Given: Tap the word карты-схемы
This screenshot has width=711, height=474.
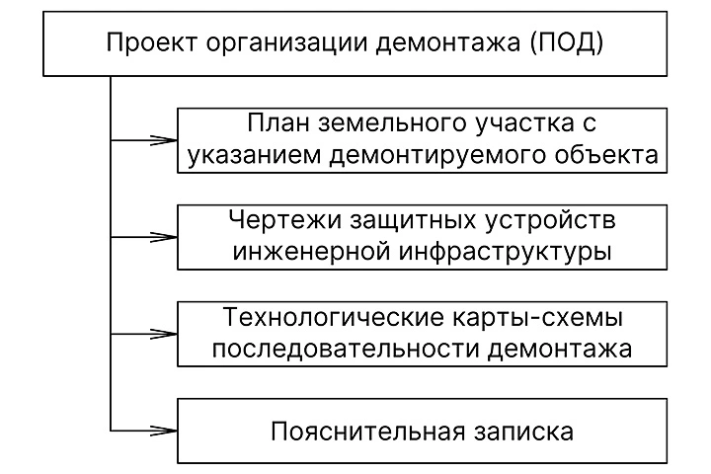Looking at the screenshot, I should tap(519, 319).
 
